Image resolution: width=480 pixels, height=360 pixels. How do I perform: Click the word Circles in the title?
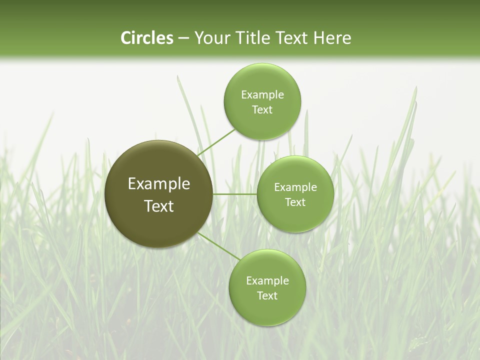coord(147,38)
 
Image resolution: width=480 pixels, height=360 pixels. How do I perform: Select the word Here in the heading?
coord(332,38)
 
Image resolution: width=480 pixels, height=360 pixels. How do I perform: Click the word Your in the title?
coord(212,38)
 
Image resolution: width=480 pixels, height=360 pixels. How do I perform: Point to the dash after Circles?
coord(183,38)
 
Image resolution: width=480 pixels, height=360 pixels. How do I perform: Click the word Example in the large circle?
coord(159,184)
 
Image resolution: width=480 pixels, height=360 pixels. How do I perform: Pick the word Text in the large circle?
coord(159,206)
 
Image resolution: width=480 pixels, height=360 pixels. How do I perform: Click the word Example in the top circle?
coord(262,95)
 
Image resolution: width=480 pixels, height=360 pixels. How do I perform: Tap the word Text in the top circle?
coord(262,110)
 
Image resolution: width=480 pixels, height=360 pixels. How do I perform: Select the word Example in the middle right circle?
coord(295,187)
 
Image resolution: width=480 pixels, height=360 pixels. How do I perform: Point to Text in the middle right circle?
coord(295,202)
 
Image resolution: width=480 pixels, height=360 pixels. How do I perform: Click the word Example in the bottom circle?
coord(267,281)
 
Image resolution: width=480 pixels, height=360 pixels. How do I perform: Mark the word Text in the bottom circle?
coord(267,296)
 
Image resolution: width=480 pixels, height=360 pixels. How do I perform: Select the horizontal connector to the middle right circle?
coord(234,194)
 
